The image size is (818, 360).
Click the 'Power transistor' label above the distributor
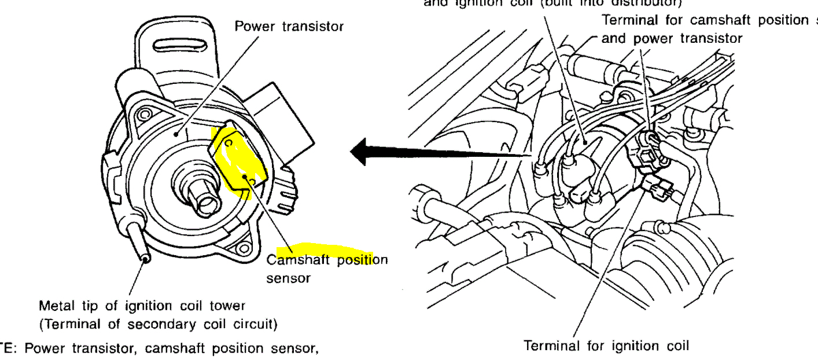tap(289, 27)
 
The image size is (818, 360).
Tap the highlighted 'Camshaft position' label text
tap(327, 260)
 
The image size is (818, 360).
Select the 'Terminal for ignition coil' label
tap(606, 346)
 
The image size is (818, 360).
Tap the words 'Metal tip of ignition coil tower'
tap(142, 306)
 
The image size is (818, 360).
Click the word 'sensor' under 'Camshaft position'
tap(288, 278)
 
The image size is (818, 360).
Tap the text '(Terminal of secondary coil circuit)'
tap(158, 324)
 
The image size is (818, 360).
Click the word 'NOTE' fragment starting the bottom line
tap(6, 349)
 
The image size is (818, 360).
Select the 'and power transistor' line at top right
tap(672, 39)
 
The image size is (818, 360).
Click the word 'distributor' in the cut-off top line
tap(637, 2)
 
